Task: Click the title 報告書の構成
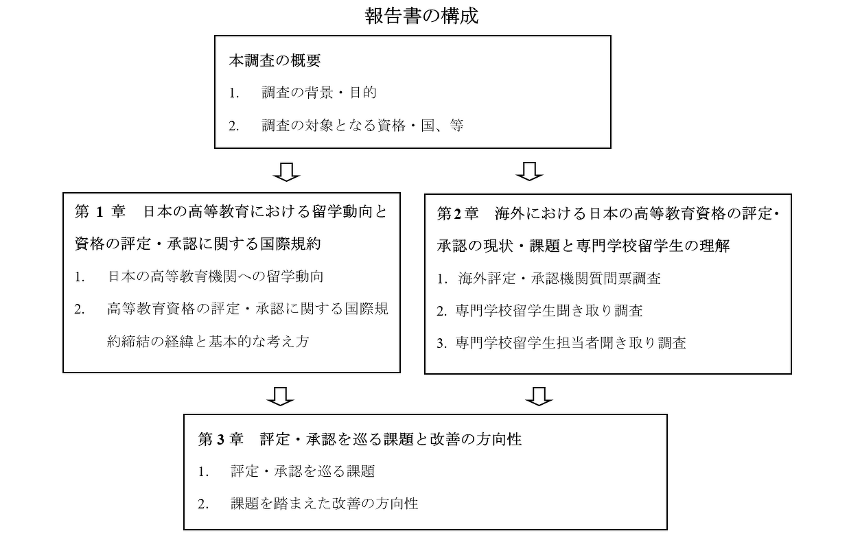pyautogui.click(x=421, y=16)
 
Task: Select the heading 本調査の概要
pyautogui.click(x=275, y=60)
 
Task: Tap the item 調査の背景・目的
pyautogui.click(x=319, y=93)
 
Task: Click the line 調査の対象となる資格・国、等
pyautogui.click(x=362, y=126)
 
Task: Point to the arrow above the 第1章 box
pyautogui.click(x=286, y=172)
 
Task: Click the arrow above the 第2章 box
pyautogui.click(x=529, y=172)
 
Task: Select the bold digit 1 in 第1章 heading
pyautogui.click(x=100, y=212)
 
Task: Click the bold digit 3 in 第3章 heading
pyautogui.click(x=221, y=440)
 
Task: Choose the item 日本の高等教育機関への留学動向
pyautogui.click(x=216, y=277)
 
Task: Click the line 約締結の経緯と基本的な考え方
pyautogui.click(x=208, y=342)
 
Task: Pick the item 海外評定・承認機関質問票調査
pyautogui.click(x=559, y=279)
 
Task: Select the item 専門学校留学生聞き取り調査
pyautogui.click(x=549, y=311)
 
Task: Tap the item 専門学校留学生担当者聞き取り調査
pyautogui.click(x=571, y=343)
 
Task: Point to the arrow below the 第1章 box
pyautogui.click(x=280, y=397)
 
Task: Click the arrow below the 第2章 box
pyautogui.click(x=539, y=397)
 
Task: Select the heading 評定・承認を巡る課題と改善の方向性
pyautogui.click(x=391, y=440)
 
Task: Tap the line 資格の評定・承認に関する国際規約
pyautogui.click(x=198, y=244)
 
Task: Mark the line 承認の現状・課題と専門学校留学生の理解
pyautogui.click(x=583, y=246)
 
